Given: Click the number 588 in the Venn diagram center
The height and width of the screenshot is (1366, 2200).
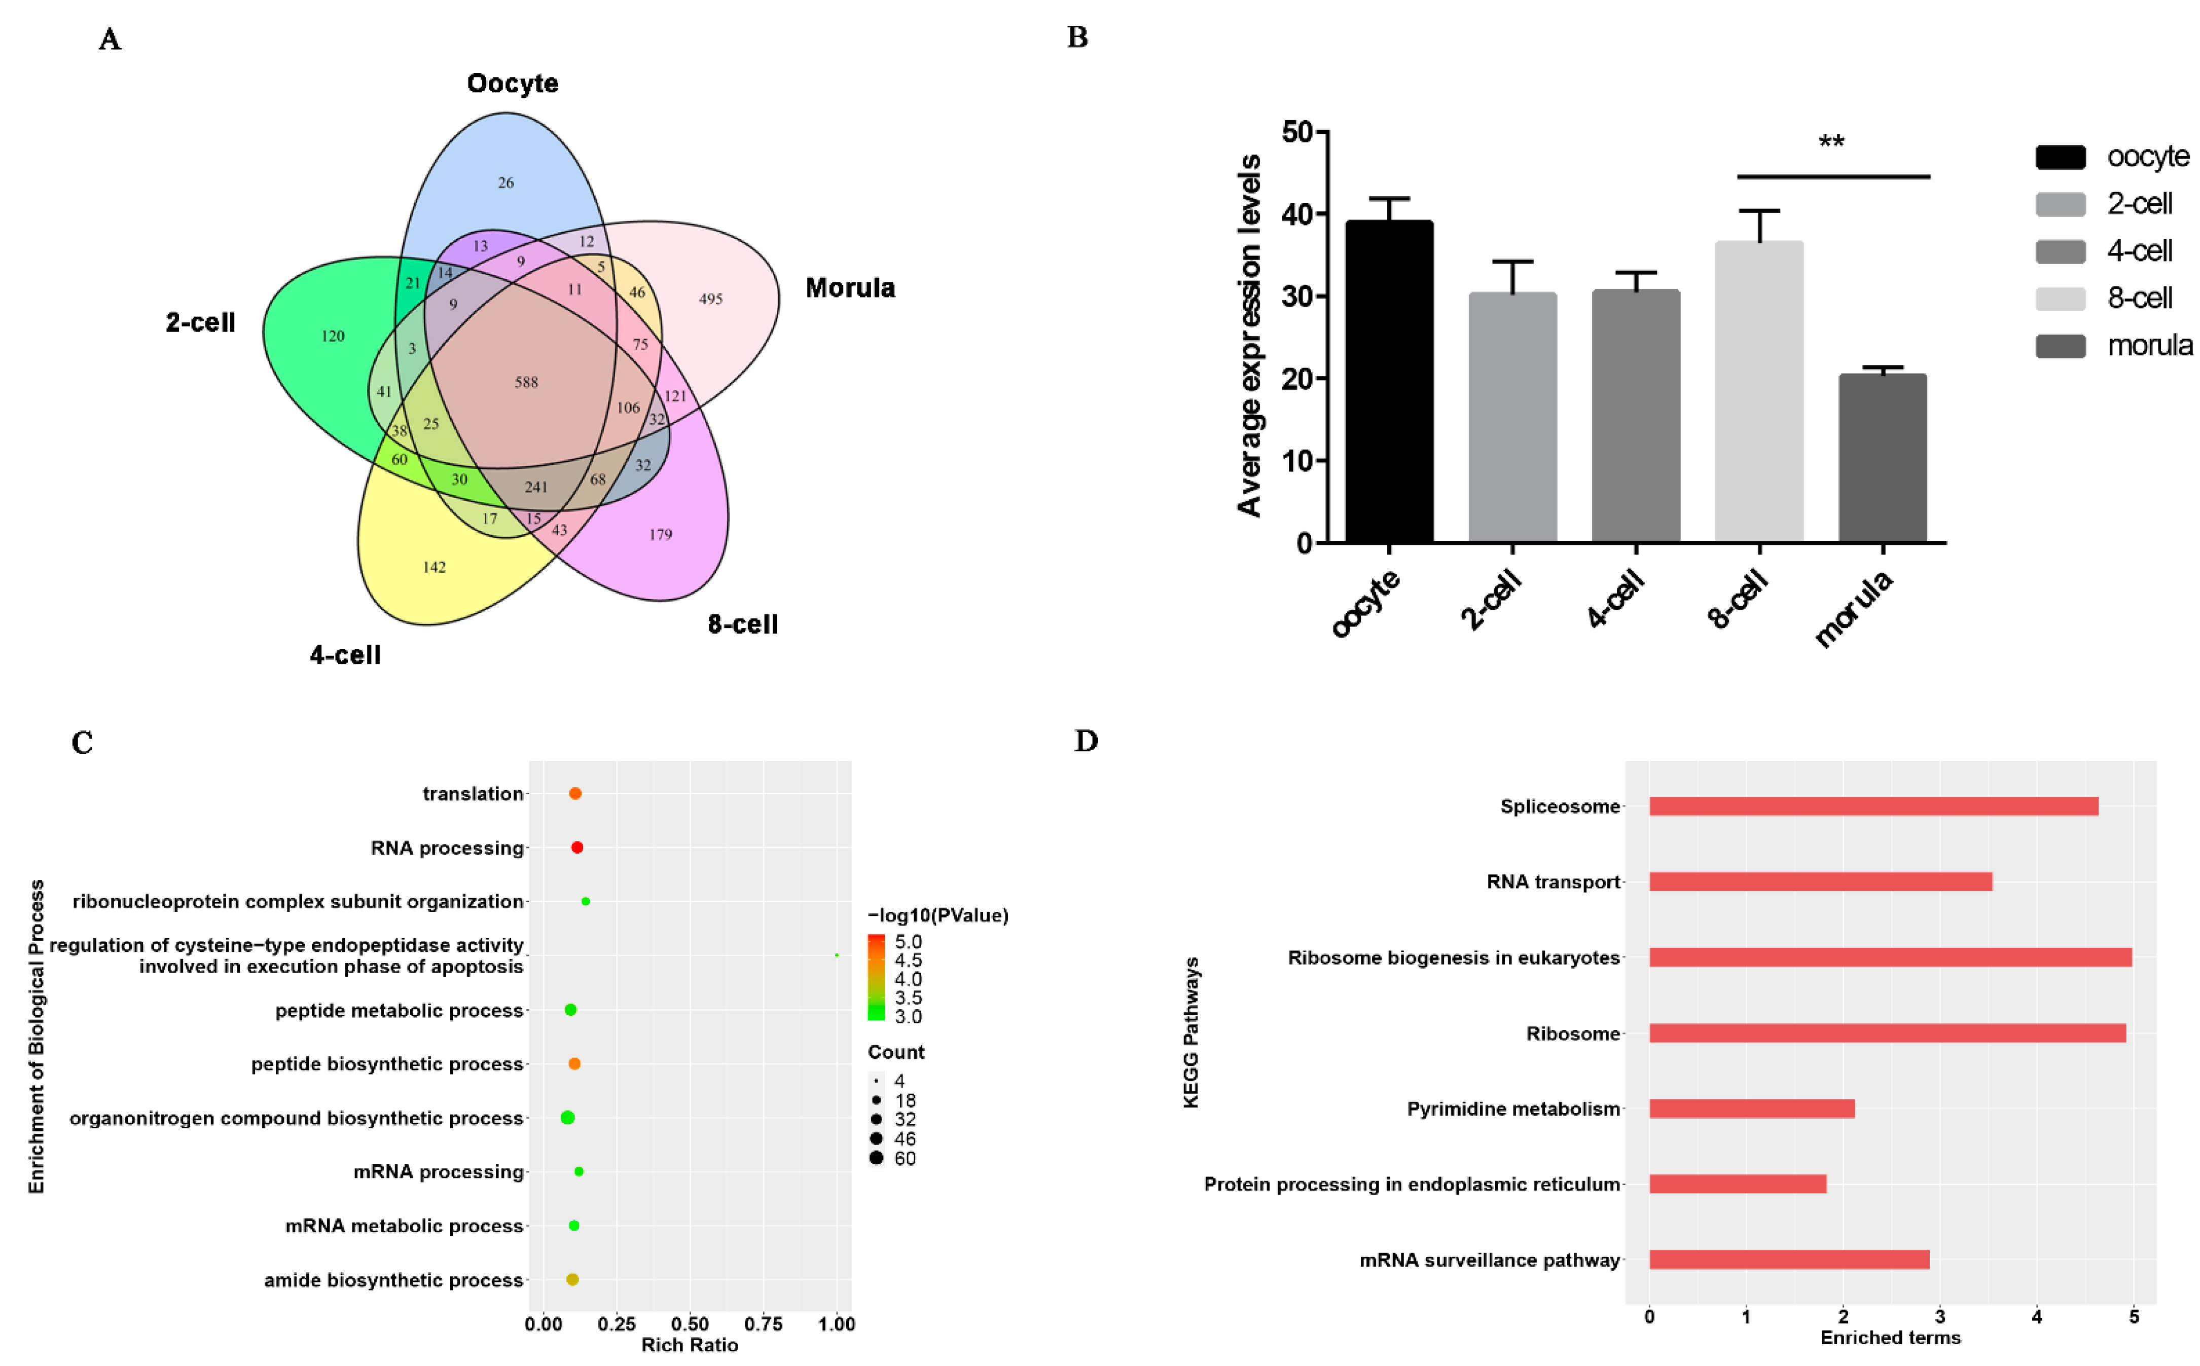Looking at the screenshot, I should (526, 382).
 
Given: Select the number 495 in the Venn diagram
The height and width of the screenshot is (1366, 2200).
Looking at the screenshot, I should (710, 299).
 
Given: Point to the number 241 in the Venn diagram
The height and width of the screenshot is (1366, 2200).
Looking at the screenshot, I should (536, 487).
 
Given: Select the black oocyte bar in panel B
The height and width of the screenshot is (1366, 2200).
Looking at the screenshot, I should (1389, 380).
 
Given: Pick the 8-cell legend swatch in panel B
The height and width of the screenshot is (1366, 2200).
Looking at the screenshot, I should (2060, 298).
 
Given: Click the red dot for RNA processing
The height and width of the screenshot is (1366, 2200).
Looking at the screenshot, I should (578, 847).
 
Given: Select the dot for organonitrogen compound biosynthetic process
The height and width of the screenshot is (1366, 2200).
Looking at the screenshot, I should (567, 1118).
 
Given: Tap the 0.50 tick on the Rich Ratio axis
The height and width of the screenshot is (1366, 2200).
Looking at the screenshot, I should (690, 1324).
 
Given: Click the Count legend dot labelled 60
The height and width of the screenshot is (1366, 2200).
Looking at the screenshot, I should (876, 1158).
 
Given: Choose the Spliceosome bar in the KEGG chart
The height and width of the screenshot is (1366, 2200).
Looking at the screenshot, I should (1873, 806).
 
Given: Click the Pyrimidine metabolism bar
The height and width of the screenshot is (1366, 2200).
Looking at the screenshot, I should (1752, 1109).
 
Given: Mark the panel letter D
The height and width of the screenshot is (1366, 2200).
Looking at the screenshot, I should (1086, 742).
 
